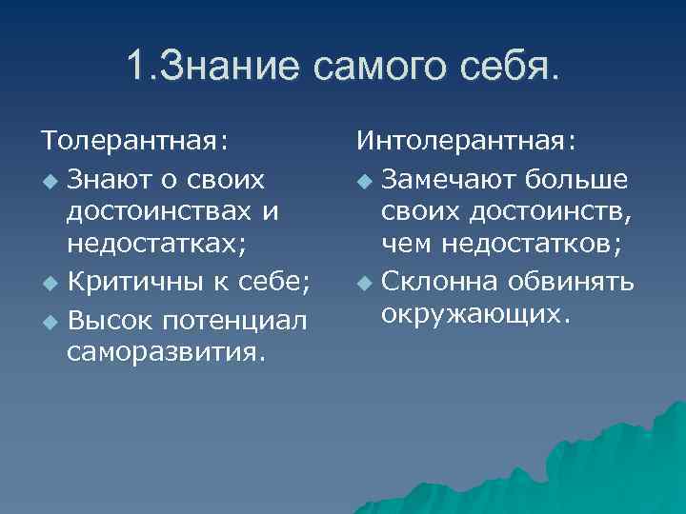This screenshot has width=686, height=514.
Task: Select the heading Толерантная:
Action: pyautogui.click(x=134, y=142)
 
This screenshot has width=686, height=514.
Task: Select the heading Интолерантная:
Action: pyautogui.click(x=466, y=142)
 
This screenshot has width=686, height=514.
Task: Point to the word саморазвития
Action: pyautogui.click(x=166, y=353)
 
